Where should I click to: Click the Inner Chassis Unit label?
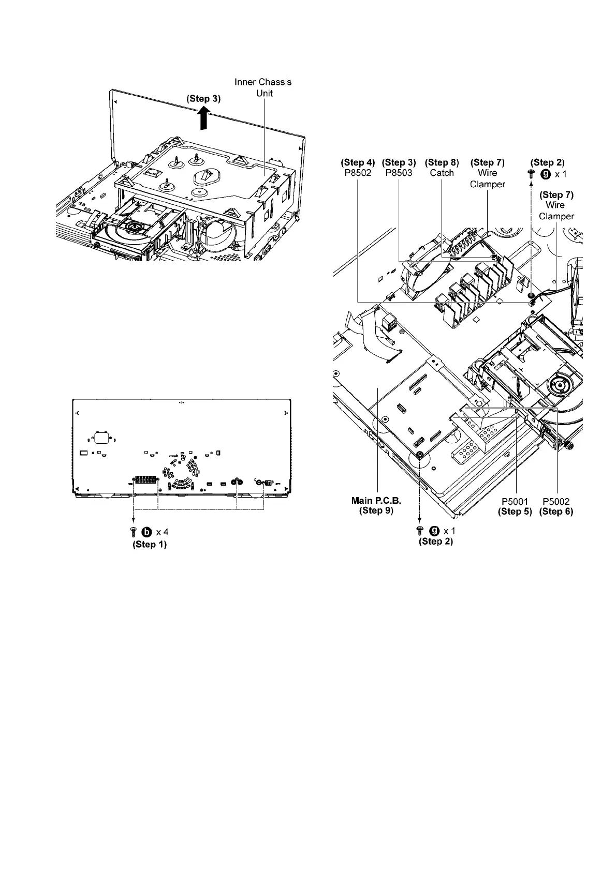(263, 87)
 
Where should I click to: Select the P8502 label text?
(358, 173)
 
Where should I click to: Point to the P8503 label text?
(399, 173)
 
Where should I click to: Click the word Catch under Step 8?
(442, 173)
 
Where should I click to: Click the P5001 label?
(515, 501)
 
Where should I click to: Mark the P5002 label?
(556, 501)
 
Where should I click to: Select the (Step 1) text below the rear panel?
(150, 544)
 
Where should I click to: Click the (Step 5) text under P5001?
(515, 512)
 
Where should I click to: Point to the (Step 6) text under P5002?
(556, 512)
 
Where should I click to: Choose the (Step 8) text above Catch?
(442, 162)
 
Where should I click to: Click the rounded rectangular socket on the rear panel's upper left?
(101, 438)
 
